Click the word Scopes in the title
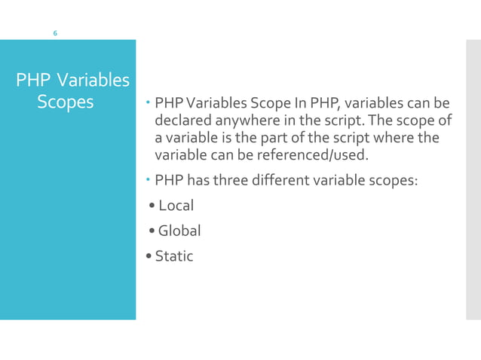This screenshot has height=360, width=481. (66, 102)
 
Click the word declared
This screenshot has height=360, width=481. (181, 120)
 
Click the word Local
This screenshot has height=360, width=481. (176, 206)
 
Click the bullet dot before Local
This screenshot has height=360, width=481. (152, 206)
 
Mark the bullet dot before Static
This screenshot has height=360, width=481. (149, 257)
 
